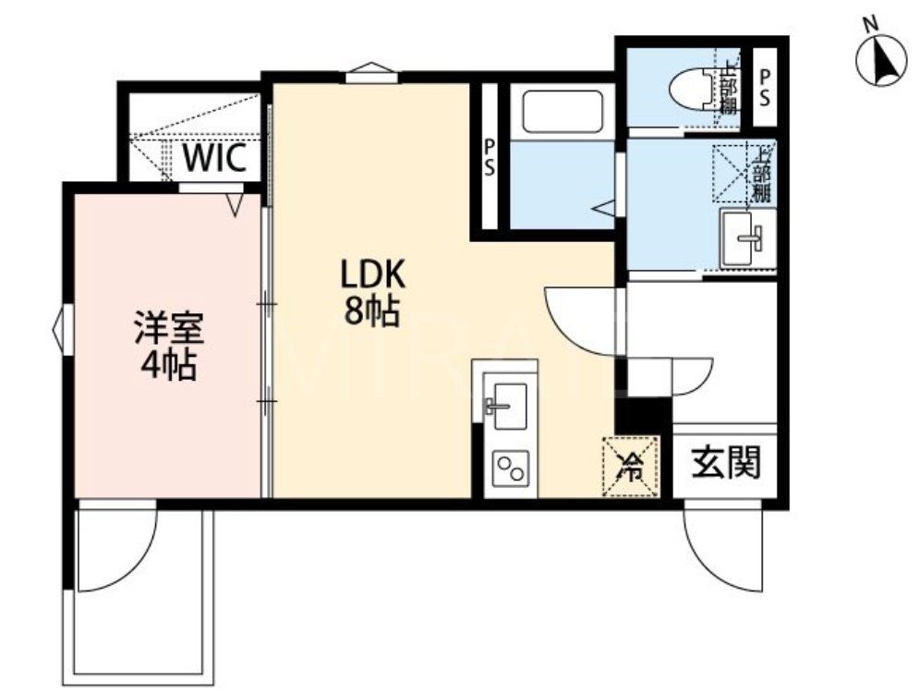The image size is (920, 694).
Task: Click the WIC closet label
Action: tap(214, 159)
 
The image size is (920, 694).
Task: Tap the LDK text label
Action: tap(373, 274)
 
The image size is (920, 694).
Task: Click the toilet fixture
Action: tap(690, 89)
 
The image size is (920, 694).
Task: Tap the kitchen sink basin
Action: tap(504, 405)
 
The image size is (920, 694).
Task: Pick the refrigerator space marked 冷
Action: tap(631, 467)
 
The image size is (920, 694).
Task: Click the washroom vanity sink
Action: tap(746, 237)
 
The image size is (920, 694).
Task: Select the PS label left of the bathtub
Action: tap(488, 157)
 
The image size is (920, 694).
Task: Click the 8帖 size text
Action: tap(371, 312)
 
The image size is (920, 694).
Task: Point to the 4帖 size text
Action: tap(167, 367)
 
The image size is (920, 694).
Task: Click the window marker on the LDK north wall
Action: tap(371, 71)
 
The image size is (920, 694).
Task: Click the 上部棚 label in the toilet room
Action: tap(730, 89)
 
